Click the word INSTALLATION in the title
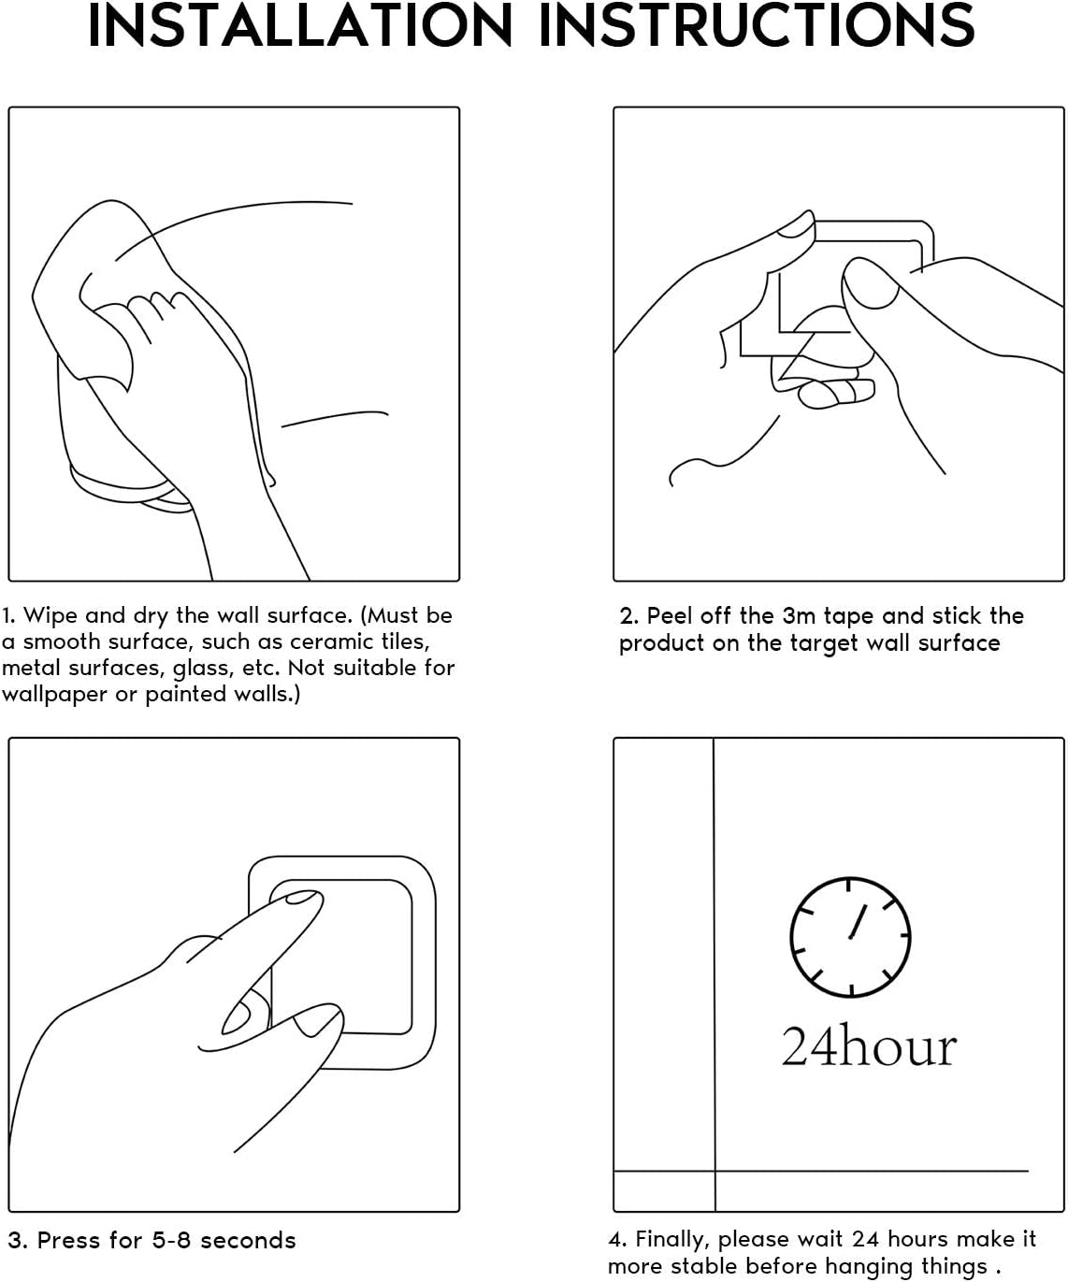[300, 25]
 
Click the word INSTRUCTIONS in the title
[757, 25]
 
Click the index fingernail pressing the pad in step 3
[300, 898]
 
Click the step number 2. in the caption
[628, 616]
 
